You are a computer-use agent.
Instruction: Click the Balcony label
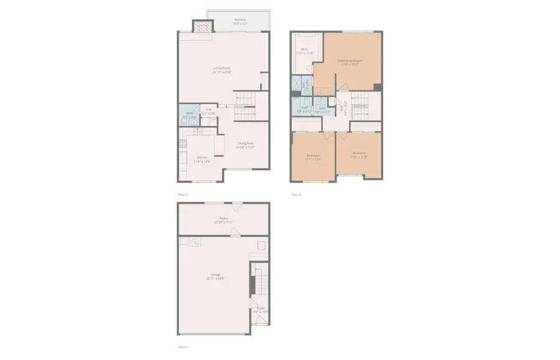click(240, 19)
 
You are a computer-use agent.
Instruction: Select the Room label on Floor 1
click(223, 218)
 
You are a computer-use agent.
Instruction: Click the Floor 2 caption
click(184, 195)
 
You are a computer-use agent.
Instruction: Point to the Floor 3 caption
click(296, 195)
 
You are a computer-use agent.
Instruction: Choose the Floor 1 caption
click(183, 346)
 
